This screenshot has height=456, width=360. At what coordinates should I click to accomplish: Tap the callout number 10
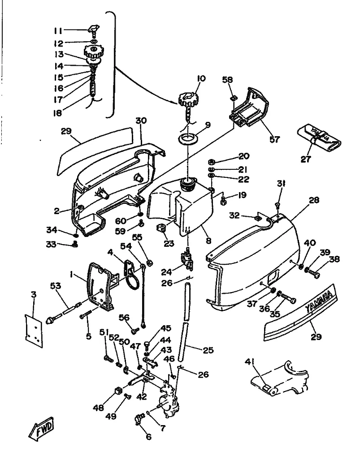click(x=200, y=78)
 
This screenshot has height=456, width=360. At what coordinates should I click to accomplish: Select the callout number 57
click(x=274, y=139)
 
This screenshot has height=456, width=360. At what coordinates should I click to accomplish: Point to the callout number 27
click(x=306, y=159)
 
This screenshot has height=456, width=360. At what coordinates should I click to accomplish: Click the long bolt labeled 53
click(x=67, y=311)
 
